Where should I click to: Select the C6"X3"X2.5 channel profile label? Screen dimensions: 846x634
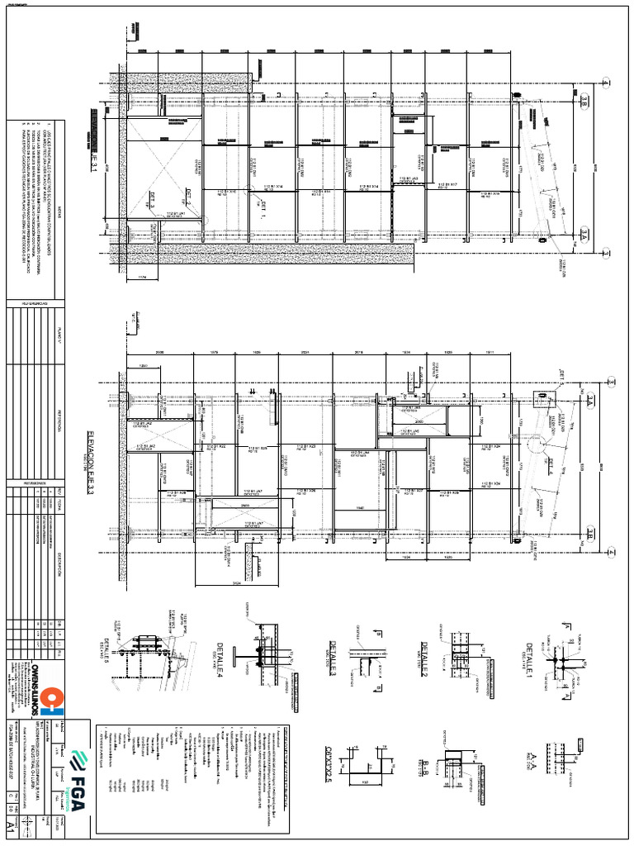coord(326,758)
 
